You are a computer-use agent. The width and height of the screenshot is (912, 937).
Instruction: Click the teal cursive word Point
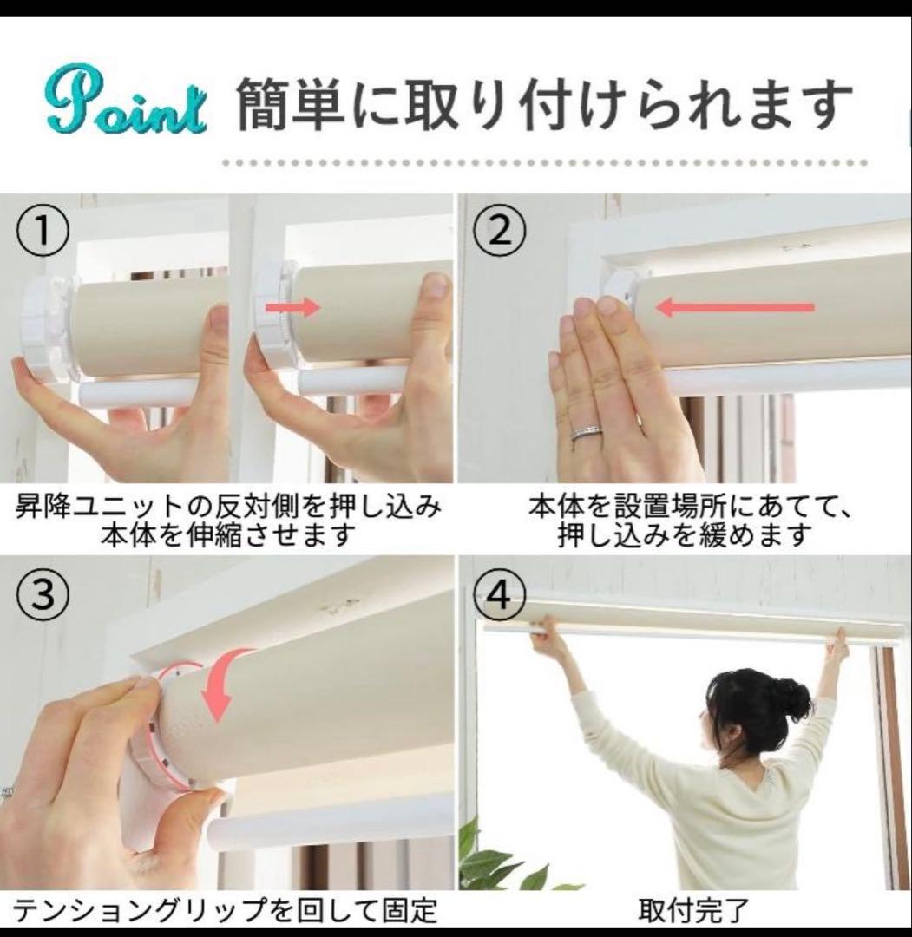pyautogui.click(x=127, y=107)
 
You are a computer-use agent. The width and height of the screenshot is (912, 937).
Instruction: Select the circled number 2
pyautogui.click(x=500, y=230)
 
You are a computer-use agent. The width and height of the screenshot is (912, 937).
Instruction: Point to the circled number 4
pyautogui.click(x=500, y=595)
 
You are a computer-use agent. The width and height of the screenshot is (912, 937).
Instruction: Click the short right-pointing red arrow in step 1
pyautogui.click(x=293, y=308)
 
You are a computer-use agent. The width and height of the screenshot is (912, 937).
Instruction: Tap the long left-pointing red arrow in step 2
pyautogui.click(x=735, y=308)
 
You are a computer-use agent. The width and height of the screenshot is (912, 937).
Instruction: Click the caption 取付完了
pyautogui.click(x=692, y=910)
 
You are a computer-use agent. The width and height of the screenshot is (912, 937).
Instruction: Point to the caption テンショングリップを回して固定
pyautogui.click(x=226, y=910)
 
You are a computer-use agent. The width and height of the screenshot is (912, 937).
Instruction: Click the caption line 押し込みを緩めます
pyautogui.click(x=686, y=534)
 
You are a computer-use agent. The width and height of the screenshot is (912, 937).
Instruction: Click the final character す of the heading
pyautogui.click(x=828, y=107)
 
